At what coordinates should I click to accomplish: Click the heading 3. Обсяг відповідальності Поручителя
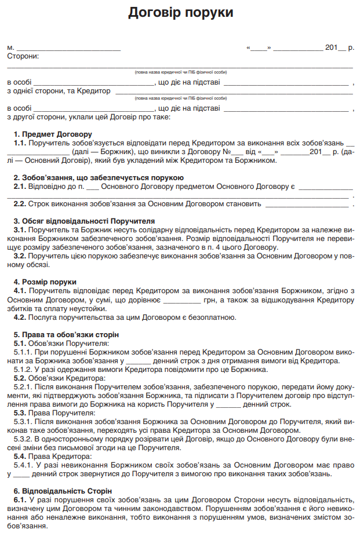coord(84,221)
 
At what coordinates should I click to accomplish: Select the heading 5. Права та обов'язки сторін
coord(66,335)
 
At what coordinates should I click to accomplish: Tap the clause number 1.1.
coord(20,143)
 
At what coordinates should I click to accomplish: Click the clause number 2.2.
coord(20,203)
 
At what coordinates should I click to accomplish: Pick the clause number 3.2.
coord(20,255)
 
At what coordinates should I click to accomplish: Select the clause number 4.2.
coord(20,317)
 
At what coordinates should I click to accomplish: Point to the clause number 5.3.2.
coord(24,439)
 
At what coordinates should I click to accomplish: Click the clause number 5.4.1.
coord(24,465)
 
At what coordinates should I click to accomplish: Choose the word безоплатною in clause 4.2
coord(209,317)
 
